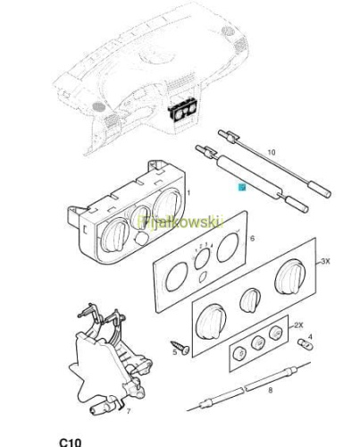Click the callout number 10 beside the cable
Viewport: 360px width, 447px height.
(272, 152)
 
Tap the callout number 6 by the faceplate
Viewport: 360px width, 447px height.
(253, 239)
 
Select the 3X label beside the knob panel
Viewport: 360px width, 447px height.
(325, 261)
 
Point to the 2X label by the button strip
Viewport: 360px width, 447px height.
(298, 325)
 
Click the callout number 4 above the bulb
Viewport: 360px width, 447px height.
(310, 337)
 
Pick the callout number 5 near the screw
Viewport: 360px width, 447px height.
(175, 352)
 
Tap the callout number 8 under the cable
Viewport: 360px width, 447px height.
(270, 390)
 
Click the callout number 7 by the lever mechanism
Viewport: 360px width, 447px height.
(129, 411)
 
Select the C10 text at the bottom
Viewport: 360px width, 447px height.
(71, 443)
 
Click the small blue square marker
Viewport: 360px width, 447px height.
(242, 188)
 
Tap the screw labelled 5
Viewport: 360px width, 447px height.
(180, 347)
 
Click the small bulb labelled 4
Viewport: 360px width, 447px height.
(306, 344)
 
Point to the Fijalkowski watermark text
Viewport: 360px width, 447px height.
(180, 222)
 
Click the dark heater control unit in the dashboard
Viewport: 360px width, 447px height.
(182, 110)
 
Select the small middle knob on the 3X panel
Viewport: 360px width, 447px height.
(250, 300)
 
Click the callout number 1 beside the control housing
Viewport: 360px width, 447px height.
(188, 193)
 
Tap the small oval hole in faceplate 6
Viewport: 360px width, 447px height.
(203, 277)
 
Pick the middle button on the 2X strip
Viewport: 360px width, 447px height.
(258, 342)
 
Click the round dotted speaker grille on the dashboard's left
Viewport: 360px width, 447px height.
(99, 107)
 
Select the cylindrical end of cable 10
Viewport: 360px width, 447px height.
(319, 190)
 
